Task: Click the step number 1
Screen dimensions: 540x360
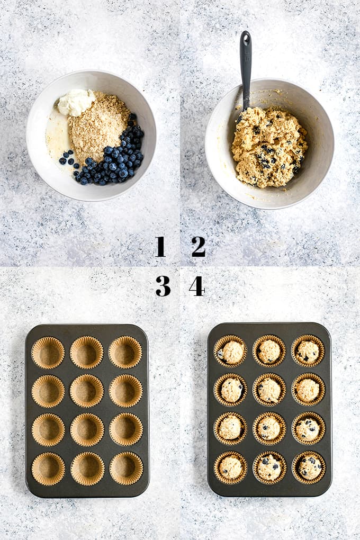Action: pyautogui.click(x=160, y=247)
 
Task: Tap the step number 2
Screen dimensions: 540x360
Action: pyautogui.click(x=199, y=247)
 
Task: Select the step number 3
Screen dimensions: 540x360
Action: pyautogui.click(x=163, y=286)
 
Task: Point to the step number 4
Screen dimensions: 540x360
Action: pyautogui.click(x=196, y=286)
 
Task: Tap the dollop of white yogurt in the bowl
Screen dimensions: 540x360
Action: pyautogui.click(x=76, y=102)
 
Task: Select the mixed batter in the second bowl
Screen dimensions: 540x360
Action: pyautogui.click(x=268, y=147)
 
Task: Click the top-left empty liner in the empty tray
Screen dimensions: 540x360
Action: pyautogui.click(x=48, y=353)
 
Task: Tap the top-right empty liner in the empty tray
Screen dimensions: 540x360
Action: pyautogui.click(x=125, y=353)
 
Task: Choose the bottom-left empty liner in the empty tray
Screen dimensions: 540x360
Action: pyautogui.click(x=48, y=469)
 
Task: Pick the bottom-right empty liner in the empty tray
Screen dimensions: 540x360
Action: pyautogui.click(x=126, y=469)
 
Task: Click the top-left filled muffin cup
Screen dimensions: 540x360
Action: pyautogui.click(x=230, y=352)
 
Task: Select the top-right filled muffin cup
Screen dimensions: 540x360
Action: pyautogui.click(x=308, y=352)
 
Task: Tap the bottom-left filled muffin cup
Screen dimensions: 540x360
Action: pyautogui.click(x=230, y=467)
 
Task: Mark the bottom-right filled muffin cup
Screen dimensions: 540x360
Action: pyautogui.click(x=309, y=467)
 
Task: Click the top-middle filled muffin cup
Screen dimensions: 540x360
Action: pyautogui.click(x=269, y=352)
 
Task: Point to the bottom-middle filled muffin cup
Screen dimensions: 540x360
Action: pyautogui.click(x=269, y=467)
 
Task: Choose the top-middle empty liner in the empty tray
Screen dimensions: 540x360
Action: pyautogui.click(x=86, y=353)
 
